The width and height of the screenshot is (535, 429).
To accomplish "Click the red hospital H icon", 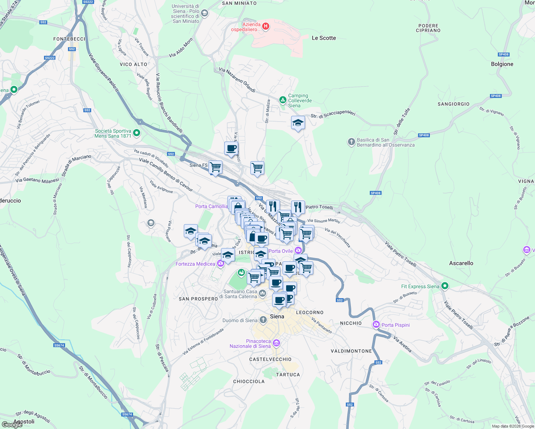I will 265,26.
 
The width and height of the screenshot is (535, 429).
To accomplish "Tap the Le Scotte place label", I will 324,38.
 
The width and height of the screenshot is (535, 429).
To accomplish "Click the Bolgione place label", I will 502,64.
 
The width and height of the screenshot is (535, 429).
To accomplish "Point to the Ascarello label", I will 461,263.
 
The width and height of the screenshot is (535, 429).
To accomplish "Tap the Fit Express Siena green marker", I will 445,286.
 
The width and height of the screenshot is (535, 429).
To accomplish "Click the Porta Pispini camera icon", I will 376,325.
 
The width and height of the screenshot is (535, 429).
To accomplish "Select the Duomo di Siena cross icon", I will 263,320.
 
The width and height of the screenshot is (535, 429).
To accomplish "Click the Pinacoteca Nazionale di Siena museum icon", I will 276,344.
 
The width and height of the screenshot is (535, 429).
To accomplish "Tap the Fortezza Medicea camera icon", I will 221,264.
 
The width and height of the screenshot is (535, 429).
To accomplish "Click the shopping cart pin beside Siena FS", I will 215,167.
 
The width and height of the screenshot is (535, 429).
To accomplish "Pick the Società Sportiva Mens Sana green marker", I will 137,133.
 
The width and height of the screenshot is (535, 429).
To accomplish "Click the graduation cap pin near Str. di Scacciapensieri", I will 298,123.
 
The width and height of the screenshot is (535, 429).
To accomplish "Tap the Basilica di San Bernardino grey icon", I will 351,142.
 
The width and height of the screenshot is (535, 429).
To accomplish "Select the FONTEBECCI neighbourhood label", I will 69,39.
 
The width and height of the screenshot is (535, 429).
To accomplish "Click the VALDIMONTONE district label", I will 351,351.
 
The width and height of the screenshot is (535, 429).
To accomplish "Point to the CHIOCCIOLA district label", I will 249,381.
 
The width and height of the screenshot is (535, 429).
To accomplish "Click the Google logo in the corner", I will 12,424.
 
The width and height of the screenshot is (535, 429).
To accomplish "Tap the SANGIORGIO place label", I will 453,104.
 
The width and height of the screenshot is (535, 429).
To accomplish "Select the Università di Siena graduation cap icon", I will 205,14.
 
